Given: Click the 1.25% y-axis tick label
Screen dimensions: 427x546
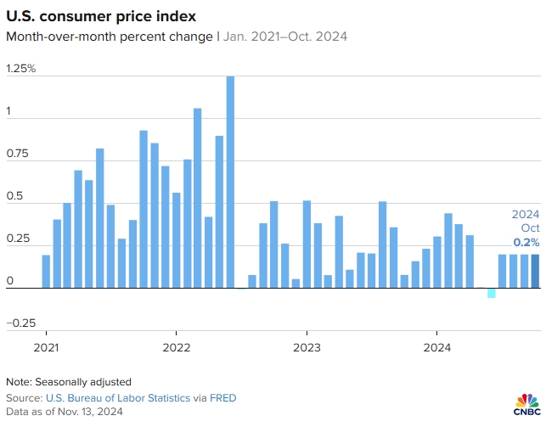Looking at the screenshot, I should point(21,68).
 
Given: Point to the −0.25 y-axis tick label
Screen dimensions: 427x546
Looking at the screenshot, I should point(23,323).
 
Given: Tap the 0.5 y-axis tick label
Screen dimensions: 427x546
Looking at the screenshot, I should point(15,196).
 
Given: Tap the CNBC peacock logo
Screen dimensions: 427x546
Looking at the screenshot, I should point(527,404).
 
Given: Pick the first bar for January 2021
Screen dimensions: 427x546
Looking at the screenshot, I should point(46,271).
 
